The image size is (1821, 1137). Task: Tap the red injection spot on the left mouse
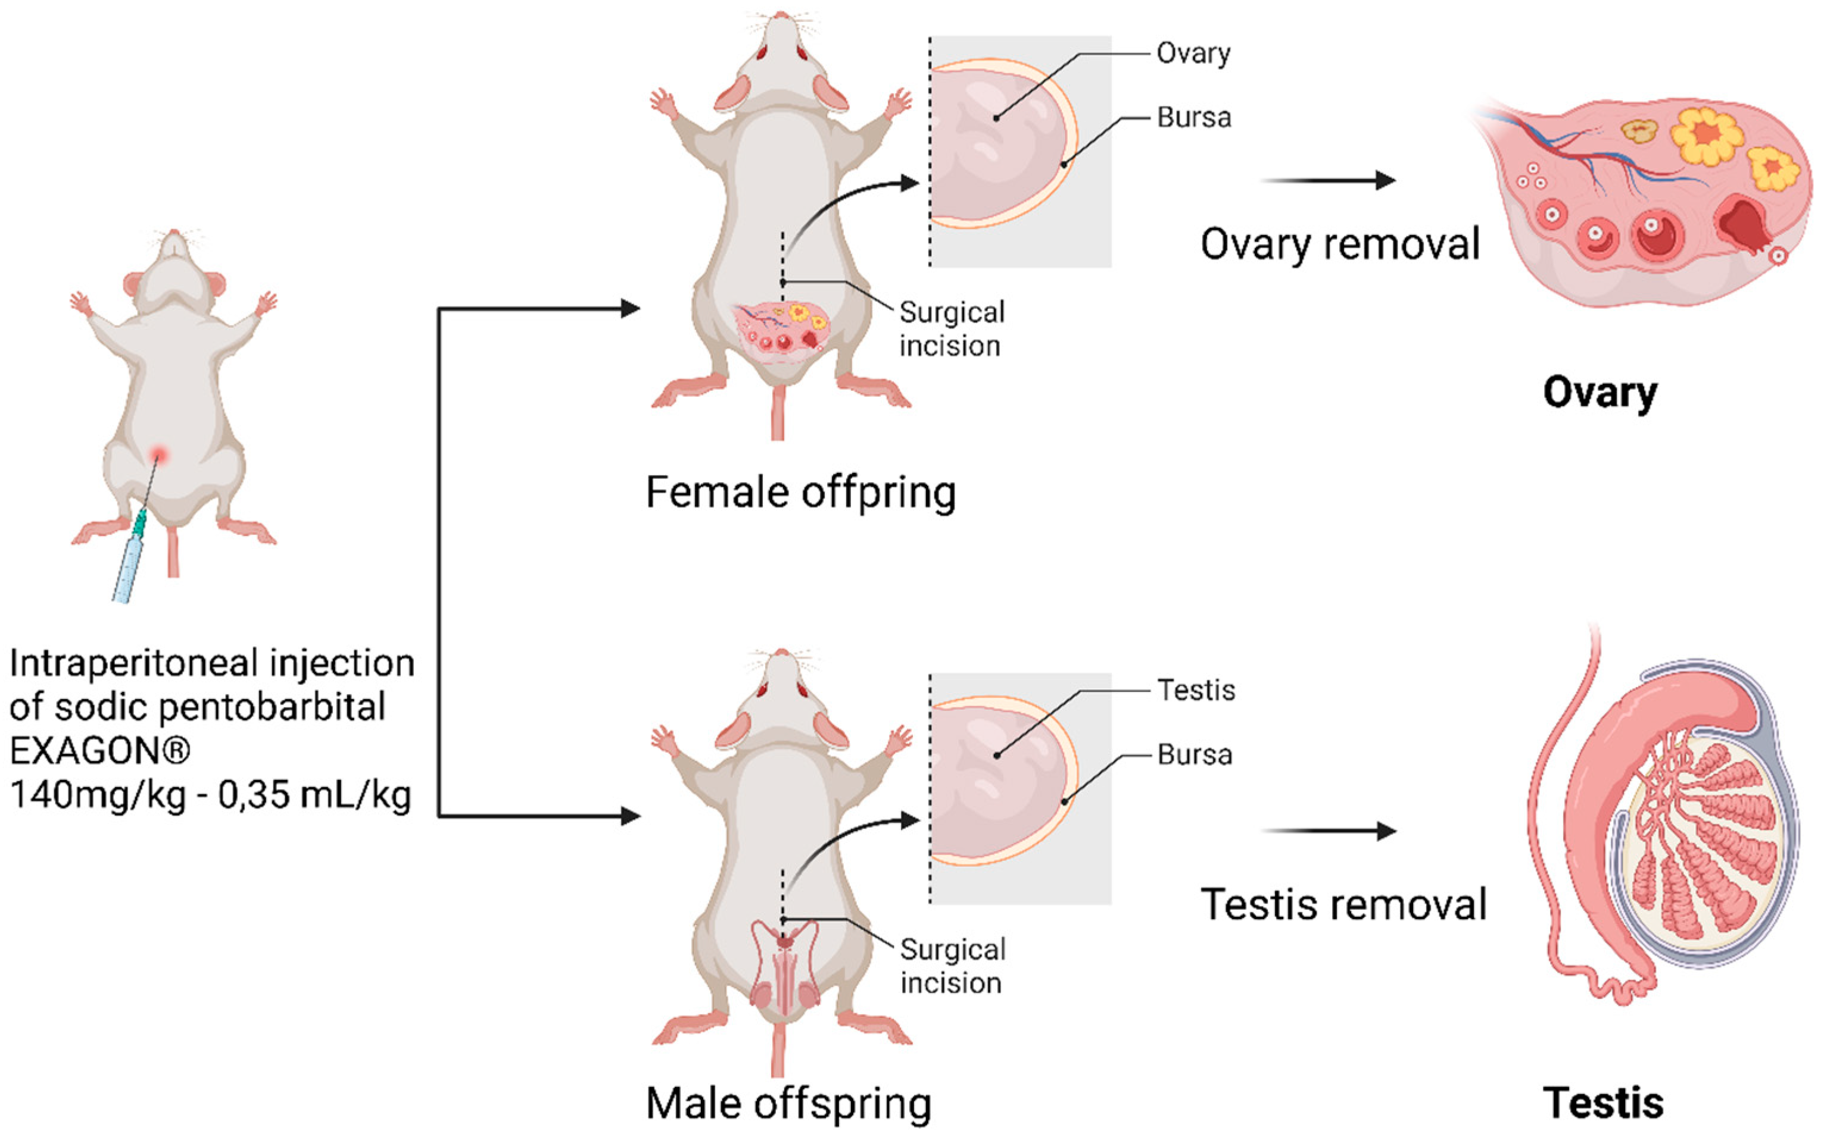pos(159,454)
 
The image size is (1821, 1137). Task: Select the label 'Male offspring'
pos(788,1103)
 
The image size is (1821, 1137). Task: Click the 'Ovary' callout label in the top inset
pos(1193,54)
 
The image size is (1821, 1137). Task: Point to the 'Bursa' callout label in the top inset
pos(1194,117)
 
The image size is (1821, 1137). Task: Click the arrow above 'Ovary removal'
pos(1328,180)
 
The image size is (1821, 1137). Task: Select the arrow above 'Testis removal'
pos(1328,831)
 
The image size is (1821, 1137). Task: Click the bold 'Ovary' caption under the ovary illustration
pos(1599,393)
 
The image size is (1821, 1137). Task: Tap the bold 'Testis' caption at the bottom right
pos(1603,1103)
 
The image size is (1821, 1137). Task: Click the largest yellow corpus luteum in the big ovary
pos(1707,136)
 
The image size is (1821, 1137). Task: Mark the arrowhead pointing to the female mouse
pos(630,308)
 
